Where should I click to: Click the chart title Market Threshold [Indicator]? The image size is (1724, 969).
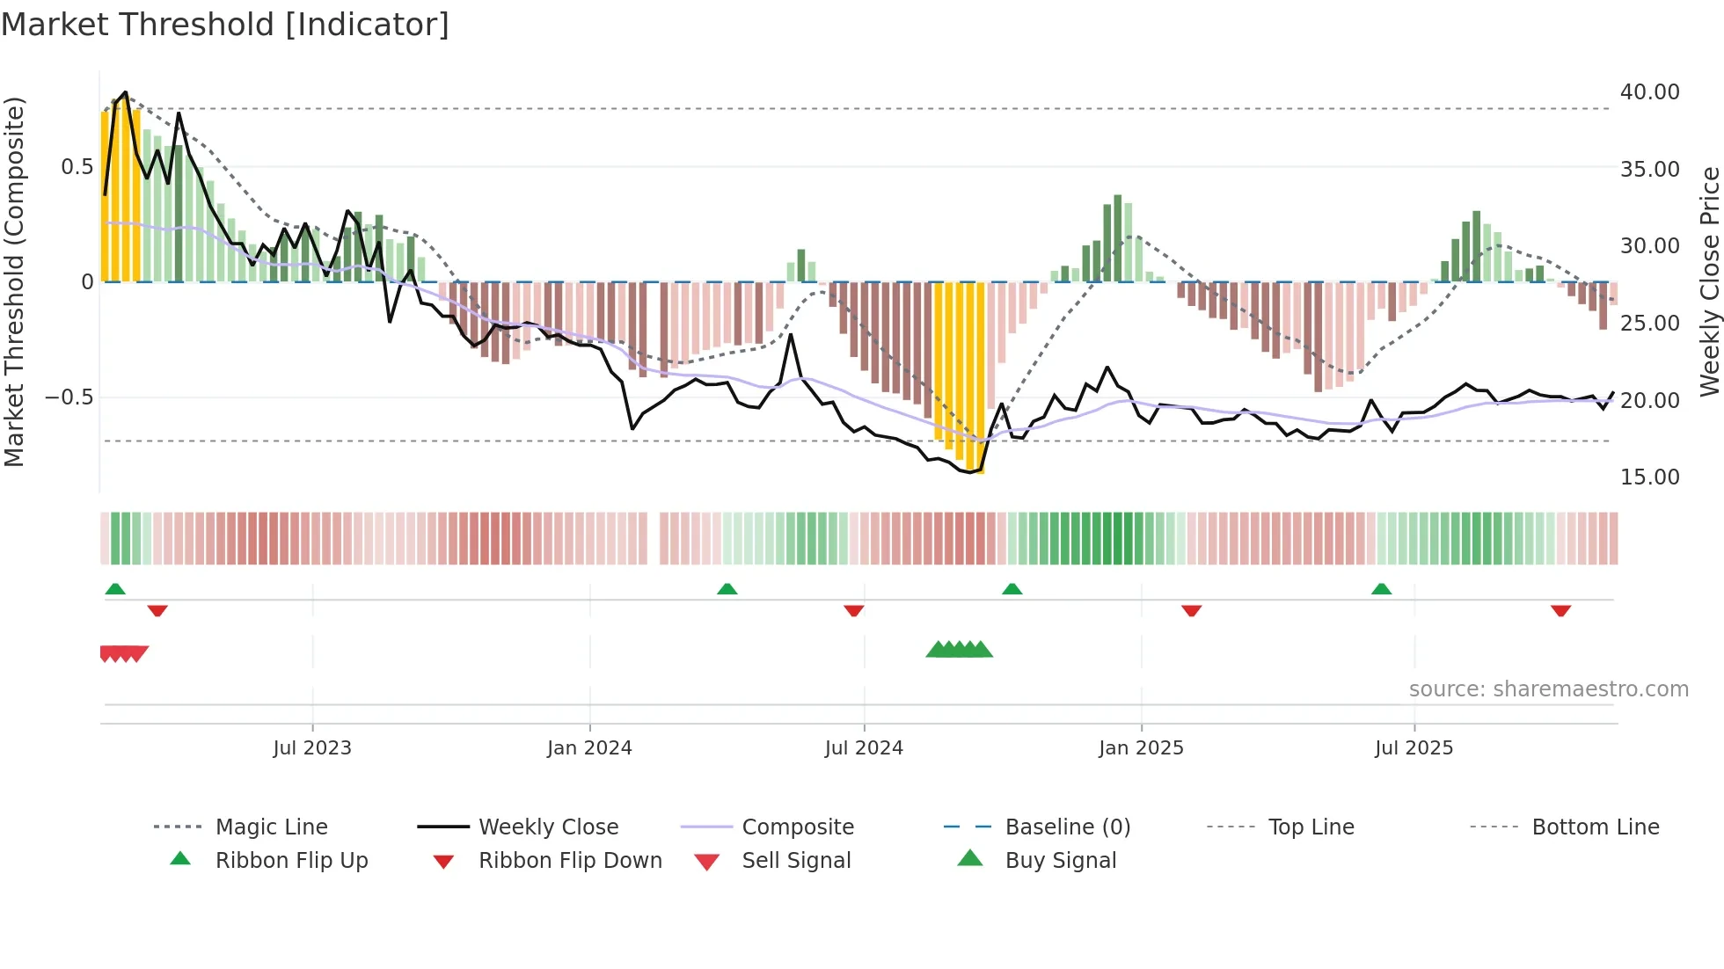(225, 24)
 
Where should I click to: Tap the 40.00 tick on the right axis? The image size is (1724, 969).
(1649, 92)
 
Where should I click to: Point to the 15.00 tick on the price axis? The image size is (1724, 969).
(1649, 477)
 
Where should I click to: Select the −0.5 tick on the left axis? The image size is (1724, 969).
(69, 397)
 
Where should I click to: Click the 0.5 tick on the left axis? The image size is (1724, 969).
(77, 167)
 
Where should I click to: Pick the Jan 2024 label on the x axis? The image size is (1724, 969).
(589, 748)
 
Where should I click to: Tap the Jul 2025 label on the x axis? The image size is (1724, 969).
(1414, 748)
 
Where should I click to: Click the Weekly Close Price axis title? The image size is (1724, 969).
(1709, 281)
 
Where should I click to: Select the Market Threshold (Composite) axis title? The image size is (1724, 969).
(14, 281)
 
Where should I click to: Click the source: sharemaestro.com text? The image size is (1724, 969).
(1548, 689)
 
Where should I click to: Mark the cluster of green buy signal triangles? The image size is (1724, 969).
(959, 650)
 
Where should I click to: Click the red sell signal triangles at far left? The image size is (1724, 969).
(123, 653)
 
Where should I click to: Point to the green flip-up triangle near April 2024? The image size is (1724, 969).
(727, 589)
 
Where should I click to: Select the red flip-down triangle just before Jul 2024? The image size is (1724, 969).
(853, 610)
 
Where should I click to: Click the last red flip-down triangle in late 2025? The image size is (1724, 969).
(1560, 610)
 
